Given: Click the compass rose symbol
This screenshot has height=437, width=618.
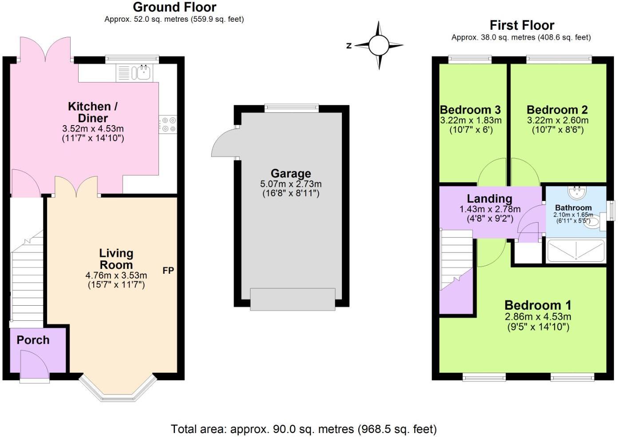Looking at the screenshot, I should (x=379, y=45).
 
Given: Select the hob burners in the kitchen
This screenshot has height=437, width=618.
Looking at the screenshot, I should (x=168, y=124).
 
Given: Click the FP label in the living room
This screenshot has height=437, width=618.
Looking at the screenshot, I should (x=168, y=270).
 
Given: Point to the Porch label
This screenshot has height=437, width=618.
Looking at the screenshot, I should (x=33, y=340).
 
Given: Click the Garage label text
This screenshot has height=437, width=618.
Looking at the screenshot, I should (x=291, y=173).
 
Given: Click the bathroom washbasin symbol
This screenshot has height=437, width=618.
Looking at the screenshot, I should (x=577, y=192).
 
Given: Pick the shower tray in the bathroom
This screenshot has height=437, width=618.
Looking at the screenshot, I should (x=576, y=251).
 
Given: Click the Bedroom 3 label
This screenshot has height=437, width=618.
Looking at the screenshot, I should (x=470, y=110).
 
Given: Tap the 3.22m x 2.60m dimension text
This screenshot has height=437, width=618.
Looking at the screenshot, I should (x=558, y=120).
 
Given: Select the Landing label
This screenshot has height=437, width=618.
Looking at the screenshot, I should (x=489, y=199).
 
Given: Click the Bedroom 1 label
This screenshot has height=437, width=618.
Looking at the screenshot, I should (x=538, y=305).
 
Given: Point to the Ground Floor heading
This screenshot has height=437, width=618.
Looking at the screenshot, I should (x=174, y=7).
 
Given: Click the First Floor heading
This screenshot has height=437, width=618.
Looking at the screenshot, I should (x=522, y=25).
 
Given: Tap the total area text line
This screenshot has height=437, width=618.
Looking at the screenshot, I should (x=304, y=429).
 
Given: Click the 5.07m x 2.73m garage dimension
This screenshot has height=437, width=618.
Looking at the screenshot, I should (x=291, y=184).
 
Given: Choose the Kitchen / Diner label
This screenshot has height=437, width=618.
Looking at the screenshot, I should (x=93, y=112).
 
